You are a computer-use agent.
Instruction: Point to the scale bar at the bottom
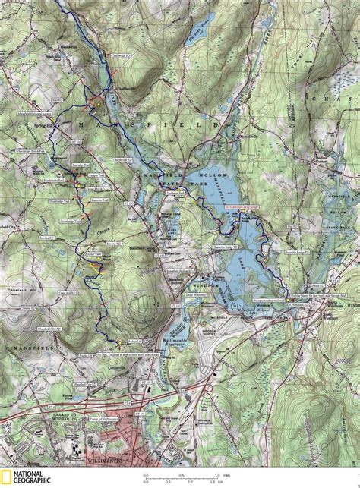click(183, 478)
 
